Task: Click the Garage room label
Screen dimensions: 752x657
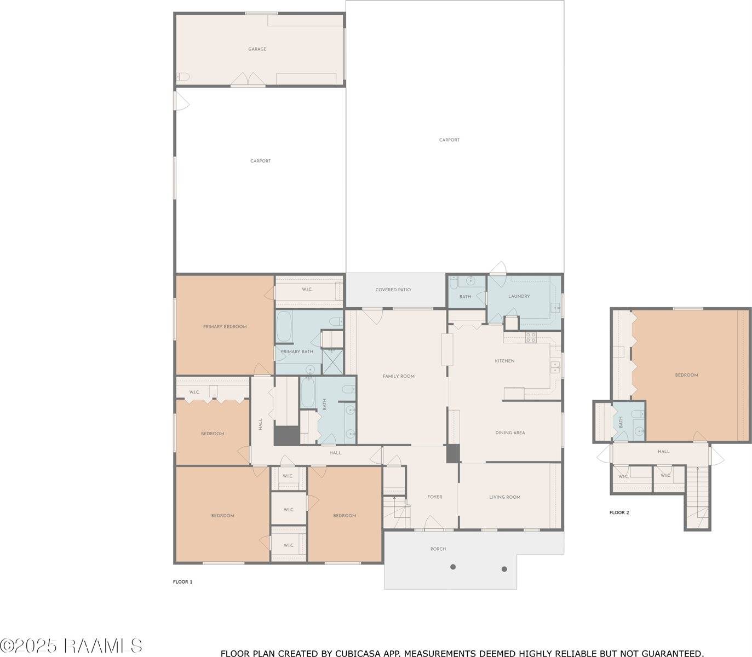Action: [x=257, y=49]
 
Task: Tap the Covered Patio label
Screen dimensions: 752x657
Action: [x=393, y=290]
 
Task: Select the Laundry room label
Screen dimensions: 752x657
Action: [x=519, y=296]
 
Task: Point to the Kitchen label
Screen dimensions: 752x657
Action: [x=504, y=361]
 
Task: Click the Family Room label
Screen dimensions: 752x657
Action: [x=398, y=376]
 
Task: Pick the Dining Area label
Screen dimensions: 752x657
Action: [x=510, y=433]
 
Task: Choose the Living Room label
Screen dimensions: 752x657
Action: [x=504, y=497]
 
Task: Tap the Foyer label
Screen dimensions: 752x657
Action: [x=434, y=497]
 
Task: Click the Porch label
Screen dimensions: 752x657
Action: [x=438, y=549]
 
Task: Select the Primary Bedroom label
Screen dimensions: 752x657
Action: [x=225, y=327]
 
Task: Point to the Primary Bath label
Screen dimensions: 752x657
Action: [x=297, y=351]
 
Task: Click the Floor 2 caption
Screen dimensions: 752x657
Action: [x=619, y=512]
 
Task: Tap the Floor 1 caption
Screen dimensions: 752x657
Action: [x=183, y=581]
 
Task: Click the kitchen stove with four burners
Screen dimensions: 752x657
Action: [x=531, y=337]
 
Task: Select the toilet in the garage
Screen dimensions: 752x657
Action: [x=183, y=77]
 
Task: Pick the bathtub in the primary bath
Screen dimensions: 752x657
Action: [x=284, y=326]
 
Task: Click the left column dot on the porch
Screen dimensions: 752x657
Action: [x=453, y=567]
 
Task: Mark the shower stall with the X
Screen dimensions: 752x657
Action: [x=332, y=362]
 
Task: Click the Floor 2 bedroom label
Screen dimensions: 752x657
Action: [x=687, y=375]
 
